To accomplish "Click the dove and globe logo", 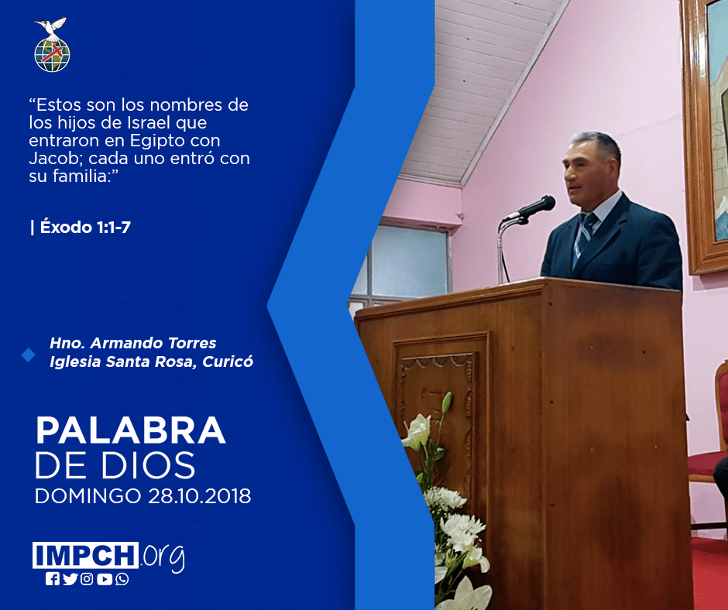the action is (52, 45).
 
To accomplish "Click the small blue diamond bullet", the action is (29, 355).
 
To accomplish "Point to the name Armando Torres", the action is (153, 343).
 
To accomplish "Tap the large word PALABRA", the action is (130, 430).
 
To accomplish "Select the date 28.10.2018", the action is (200, 495).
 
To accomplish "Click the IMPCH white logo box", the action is (85, 555).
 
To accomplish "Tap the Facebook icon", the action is (53, 579).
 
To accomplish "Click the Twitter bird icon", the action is (70, 579).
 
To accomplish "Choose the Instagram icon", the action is (87, 579).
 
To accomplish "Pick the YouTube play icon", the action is (105, 579).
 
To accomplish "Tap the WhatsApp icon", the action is (122, 579).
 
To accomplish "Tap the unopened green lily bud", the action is (446, 402).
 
